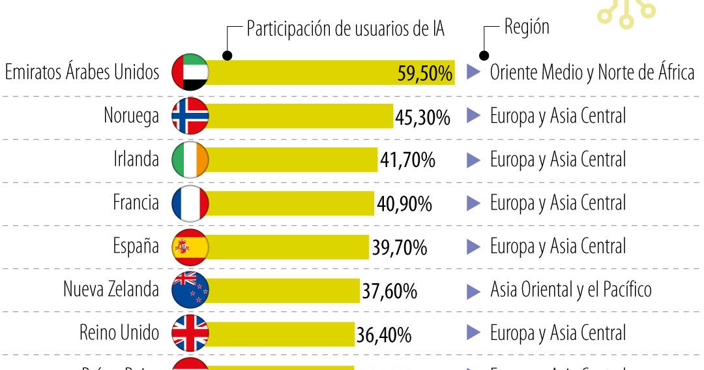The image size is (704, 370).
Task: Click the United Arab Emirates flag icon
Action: pos(190,72)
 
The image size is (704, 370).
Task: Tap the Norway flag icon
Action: pos(190,116)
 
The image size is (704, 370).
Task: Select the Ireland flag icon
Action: pos(190,159)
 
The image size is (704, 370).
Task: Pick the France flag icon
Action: pos(190,203)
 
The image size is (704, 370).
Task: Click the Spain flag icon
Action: pos(190,247)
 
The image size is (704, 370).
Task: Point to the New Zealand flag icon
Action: pos(190,290)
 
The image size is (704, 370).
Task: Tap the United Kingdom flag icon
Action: pos(190,333)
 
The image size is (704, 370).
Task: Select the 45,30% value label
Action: pos(422,117)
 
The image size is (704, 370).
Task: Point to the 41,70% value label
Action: pos(407,161)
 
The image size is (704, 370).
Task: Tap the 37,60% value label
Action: pos(389,291)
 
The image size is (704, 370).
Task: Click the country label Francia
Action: pos(136,203)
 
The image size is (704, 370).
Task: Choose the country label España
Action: pos(136,246)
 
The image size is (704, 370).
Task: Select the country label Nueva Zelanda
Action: pos(111,289)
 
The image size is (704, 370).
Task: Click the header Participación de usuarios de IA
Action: pos(345,29)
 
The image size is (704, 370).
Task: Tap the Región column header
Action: pos(527,27)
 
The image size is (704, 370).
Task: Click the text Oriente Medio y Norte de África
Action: pos(592,73)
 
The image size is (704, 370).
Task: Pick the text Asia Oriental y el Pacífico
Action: pos(570,290)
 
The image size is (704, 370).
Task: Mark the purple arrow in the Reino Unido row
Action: pos(473,334)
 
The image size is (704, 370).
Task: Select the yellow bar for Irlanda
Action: pos(293,160)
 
